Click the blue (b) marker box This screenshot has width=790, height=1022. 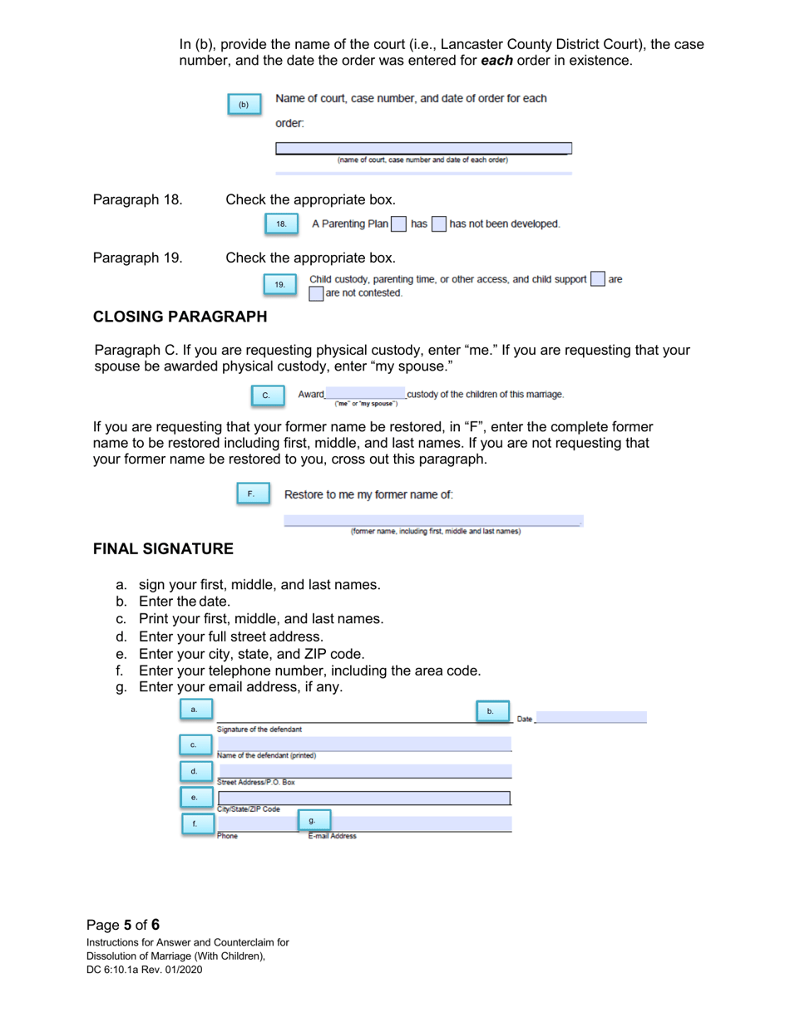point(244,105)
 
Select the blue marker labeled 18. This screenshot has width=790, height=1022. point(280,224)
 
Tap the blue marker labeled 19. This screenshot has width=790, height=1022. point(279,285)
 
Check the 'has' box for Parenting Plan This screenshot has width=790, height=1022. point(399,224)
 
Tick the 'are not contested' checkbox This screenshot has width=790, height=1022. point(316,292)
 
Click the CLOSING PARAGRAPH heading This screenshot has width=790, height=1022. point(180,316)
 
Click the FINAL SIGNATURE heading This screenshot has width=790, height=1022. point(163,549)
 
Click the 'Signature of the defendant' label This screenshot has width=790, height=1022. point(259,730)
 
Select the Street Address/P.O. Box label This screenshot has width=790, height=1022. point(256,782)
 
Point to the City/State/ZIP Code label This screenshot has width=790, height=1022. point(249,808)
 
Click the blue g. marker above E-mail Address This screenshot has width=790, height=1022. point(313,821)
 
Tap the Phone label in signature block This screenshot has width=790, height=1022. point(227,836)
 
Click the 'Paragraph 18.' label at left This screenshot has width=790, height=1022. point(137,200)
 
